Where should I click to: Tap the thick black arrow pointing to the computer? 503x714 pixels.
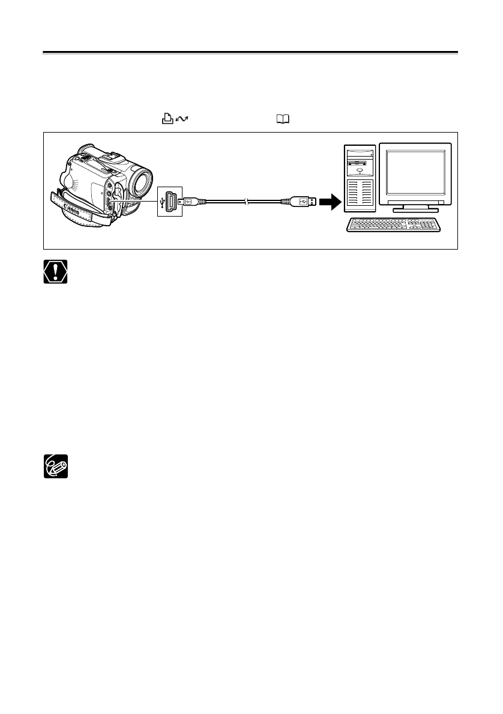pos(328,202)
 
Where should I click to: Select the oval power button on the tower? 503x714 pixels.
pos(359,171)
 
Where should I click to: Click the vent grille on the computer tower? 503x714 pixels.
pos(359,195)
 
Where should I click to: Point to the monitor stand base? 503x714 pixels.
pos(419,209)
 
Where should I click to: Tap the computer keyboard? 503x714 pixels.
pos(394,225)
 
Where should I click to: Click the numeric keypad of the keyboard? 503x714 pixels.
pos(427,225)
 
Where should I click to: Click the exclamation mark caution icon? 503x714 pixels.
pos(55,272)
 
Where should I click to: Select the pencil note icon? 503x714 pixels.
pos(55,466)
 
